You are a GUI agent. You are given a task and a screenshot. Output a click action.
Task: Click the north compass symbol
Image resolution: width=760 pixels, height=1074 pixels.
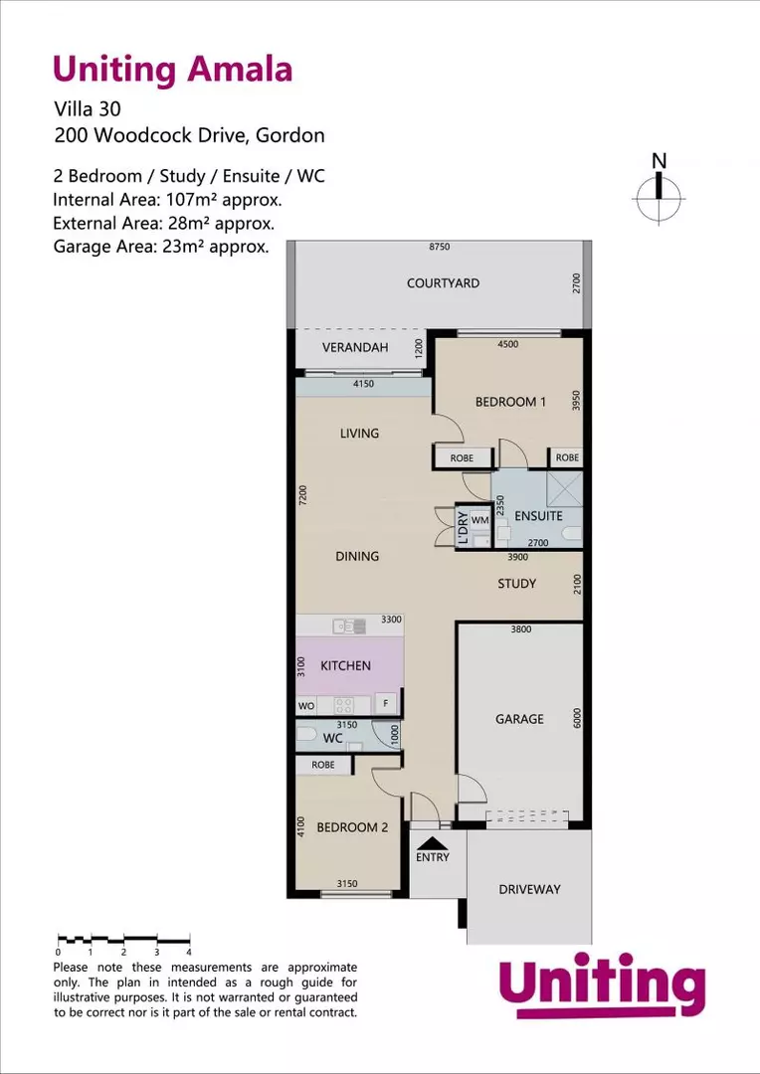point(658,191)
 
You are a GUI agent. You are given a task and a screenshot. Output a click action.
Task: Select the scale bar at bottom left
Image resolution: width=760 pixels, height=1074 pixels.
point(123,939)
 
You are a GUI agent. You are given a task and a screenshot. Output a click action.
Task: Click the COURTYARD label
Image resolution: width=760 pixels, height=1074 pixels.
point(443,283)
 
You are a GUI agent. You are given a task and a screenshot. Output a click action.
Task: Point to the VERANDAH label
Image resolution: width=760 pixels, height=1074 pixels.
point(353,348)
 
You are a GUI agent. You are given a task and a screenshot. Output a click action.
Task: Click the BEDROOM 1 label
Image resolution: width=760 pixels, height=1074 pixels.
point(510,402)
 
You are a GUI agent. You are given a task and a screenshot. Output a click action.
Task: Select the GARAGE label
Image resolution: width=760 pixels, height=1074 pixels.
point(519,718)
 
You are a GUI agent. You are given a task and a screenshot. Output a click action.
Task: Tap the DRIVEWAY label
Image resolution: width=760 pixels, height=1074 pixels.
point(529,889)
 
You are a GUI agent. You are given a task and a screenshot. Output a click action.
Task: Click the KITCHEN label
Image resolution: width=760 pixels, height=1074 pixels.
point(345,665)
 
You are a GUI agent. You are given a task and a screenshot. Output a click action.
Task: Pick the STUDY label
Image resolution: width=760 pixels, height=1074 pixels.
point(516,584)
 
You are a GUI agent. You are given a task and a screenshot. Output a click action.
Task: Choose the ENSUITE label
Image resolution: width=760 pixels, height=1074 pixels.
point(538,516)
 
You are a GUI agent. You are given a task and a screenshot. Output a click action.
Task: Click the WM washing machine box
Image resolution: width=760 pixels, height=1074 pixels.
point(479,520)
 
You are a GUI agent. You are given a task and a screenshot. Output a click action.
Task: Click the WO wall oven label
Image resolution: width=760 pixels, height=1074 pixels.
point(306,705)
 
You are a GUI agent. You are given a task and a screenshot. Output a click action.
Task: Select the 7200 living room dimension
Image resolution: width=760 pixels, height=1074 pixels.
point(303,496)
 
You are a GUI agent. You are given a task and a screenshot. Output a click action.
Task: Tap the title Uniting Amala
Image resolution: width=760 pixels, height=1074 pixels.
point(172,70)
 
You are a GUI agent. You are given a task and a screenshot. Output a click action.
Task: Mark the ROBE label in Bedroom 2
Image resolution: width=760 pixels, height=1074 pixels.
point(323,765)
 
